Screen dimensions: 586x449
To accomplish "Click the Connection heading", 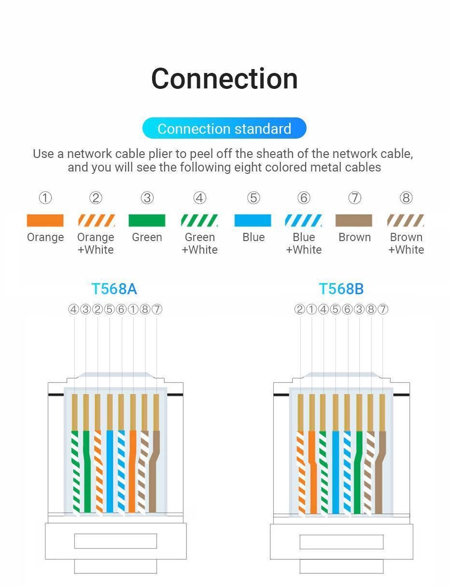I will pos(224,79).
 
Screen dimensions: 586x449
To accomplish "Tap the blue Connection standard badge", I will pos(224,129).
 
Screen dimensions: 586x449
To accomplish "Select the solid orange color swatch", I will pos(45,221).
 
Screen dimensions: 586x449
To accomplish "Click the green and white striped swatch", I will pos(199,221).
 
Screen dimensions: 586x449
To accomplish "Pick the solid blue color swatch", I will pos(253,221).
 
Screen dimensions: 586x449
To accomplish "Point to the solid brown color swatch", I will pos(354,221).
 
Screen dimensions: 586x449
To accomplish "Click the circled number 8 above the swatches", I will pos(406,198).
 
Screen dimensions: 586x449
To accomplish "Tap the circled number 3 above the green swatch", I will pos(147,198).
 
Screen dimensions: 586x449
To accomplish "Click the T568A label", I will pos(114,289).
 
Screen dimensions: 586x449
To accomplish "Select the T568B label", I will pos(341,289).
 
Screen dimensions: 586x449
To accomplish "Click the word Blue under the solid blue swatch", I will pos(253,237).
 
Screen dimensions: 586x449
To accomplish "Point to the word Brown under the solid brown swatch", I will pos(354,237).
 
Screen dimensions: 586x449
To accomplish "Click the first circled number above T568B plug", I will pos(299,309).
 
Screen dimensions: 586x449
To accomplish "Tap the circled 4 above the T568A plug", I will pos(73,309).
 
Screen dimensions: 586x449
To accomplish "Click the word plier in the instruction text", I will pos(160,154).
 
